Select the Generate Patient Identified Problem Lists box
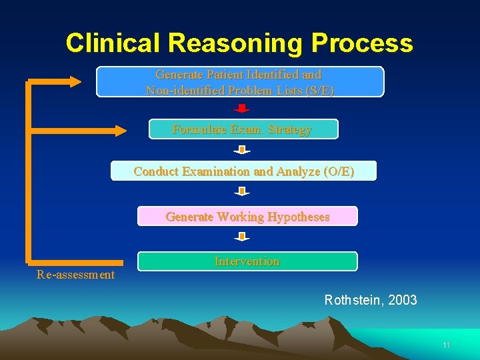[x=240, y=82]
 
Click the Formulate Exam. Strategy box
[x=243, y=129]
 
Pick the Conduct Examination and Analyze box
[x=243, y=171]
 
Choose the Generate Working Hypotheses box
[x=247, y=217]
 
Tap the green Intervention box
[x=247, y=261]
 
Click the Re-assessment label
[x=75, y=275]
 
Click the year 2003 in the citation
[x=402, y=300]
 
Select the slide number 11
[x=446, y=345]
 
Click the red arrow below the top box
[x=242, y=109]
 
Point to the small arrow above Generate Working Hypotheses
[x=242, y=192]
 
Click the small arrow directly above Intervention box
[x=242, y=237]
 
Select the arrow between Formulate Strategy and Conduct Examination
[x=242, y=150]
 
